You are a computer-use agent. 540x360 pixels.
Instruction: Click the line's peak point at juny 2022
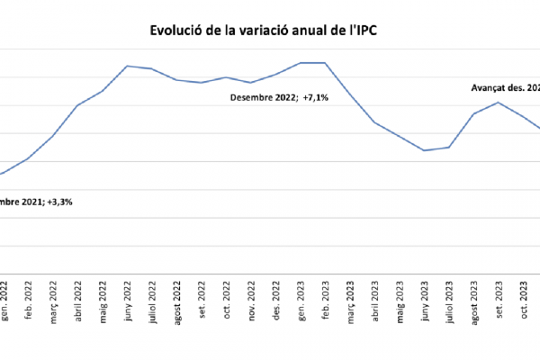coord(127,66)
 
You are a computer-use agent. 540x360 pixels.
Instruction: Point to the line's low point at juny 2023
coord(424,150)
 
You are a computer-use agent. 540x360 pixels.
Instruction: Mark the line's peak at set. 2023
coord(499,102)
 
